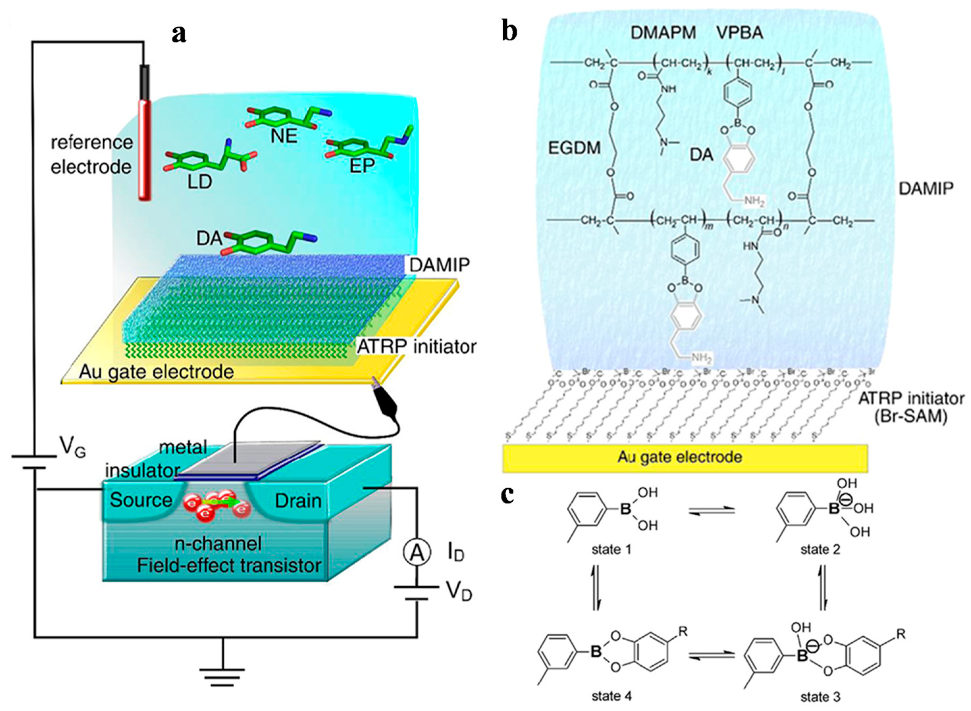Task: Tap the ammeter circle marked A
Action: pos(416,553)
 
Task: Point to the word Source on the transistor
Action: pos(141,500)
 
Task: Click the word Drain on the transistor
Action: pos(298,501)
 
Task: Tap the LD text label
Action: pos(200,182)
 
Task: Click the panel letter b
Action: pos(509,32)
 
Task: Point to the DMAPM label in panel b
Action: pos(663,33)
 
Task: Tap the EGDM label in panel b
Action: pos(575,148)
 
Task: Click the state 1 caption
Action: pos(611,550)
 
